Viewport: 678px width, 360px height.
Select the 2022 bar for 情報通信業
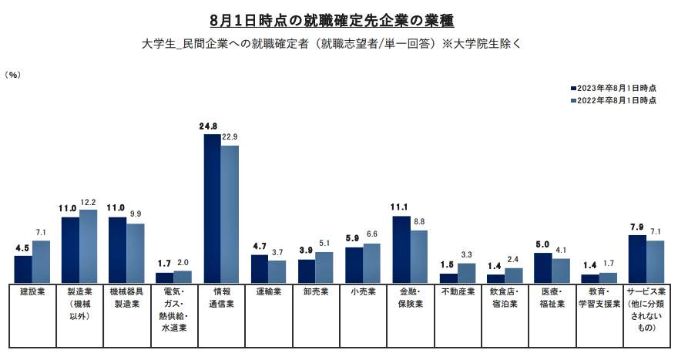click(x=230, y=214)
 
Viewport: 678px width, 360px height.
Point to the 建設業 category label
click(x=32, y=293)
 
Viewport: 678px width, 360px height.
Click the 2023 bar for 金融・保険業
click(x=401, y=249)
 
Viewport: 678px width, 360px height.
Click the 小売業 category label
click(x=363, y=293)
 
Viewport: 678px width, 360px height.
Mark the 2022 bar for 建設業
click(x=41, y=261)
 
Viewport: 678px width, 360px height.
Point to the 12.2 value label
click(x=89, y=202)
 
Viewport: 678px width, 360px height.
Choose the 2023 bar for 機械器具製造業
click(x=118, y=250)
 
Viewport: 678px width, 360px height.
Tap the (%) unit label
click(x=13, y=75)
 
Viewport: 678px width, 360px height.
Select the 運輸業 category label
click(x=268, y=293)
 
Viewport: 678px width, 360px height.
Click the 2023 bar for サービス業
click(x=637, y=258)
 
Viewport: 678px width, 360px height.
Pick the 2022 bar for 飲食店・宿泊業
click(x=513, y=275)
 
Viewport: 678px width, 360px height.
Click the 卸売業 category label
click(x=315, y=293)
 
